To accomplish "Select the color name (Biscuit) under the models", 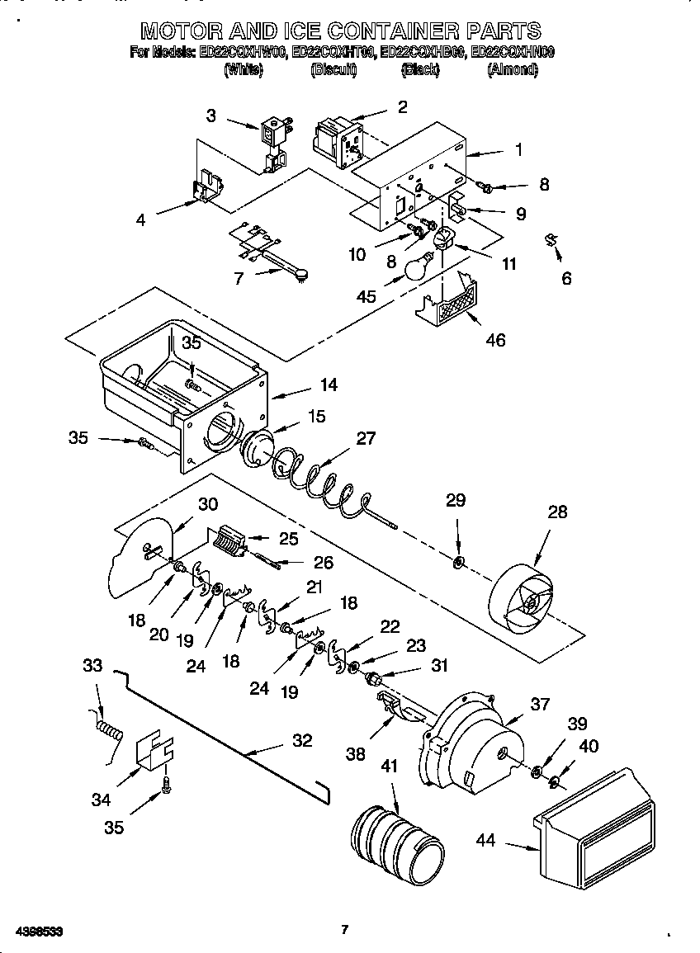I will click(x=333, y=71).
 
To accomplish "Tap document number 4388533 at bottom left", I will click(x=33, y=931).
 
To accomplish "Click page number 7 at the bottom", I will click(x=345, y=930).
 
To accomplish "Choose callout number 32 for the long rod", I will click(x=302, y=740).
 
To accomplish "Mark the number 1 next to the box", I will click(x=518, y=150).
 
